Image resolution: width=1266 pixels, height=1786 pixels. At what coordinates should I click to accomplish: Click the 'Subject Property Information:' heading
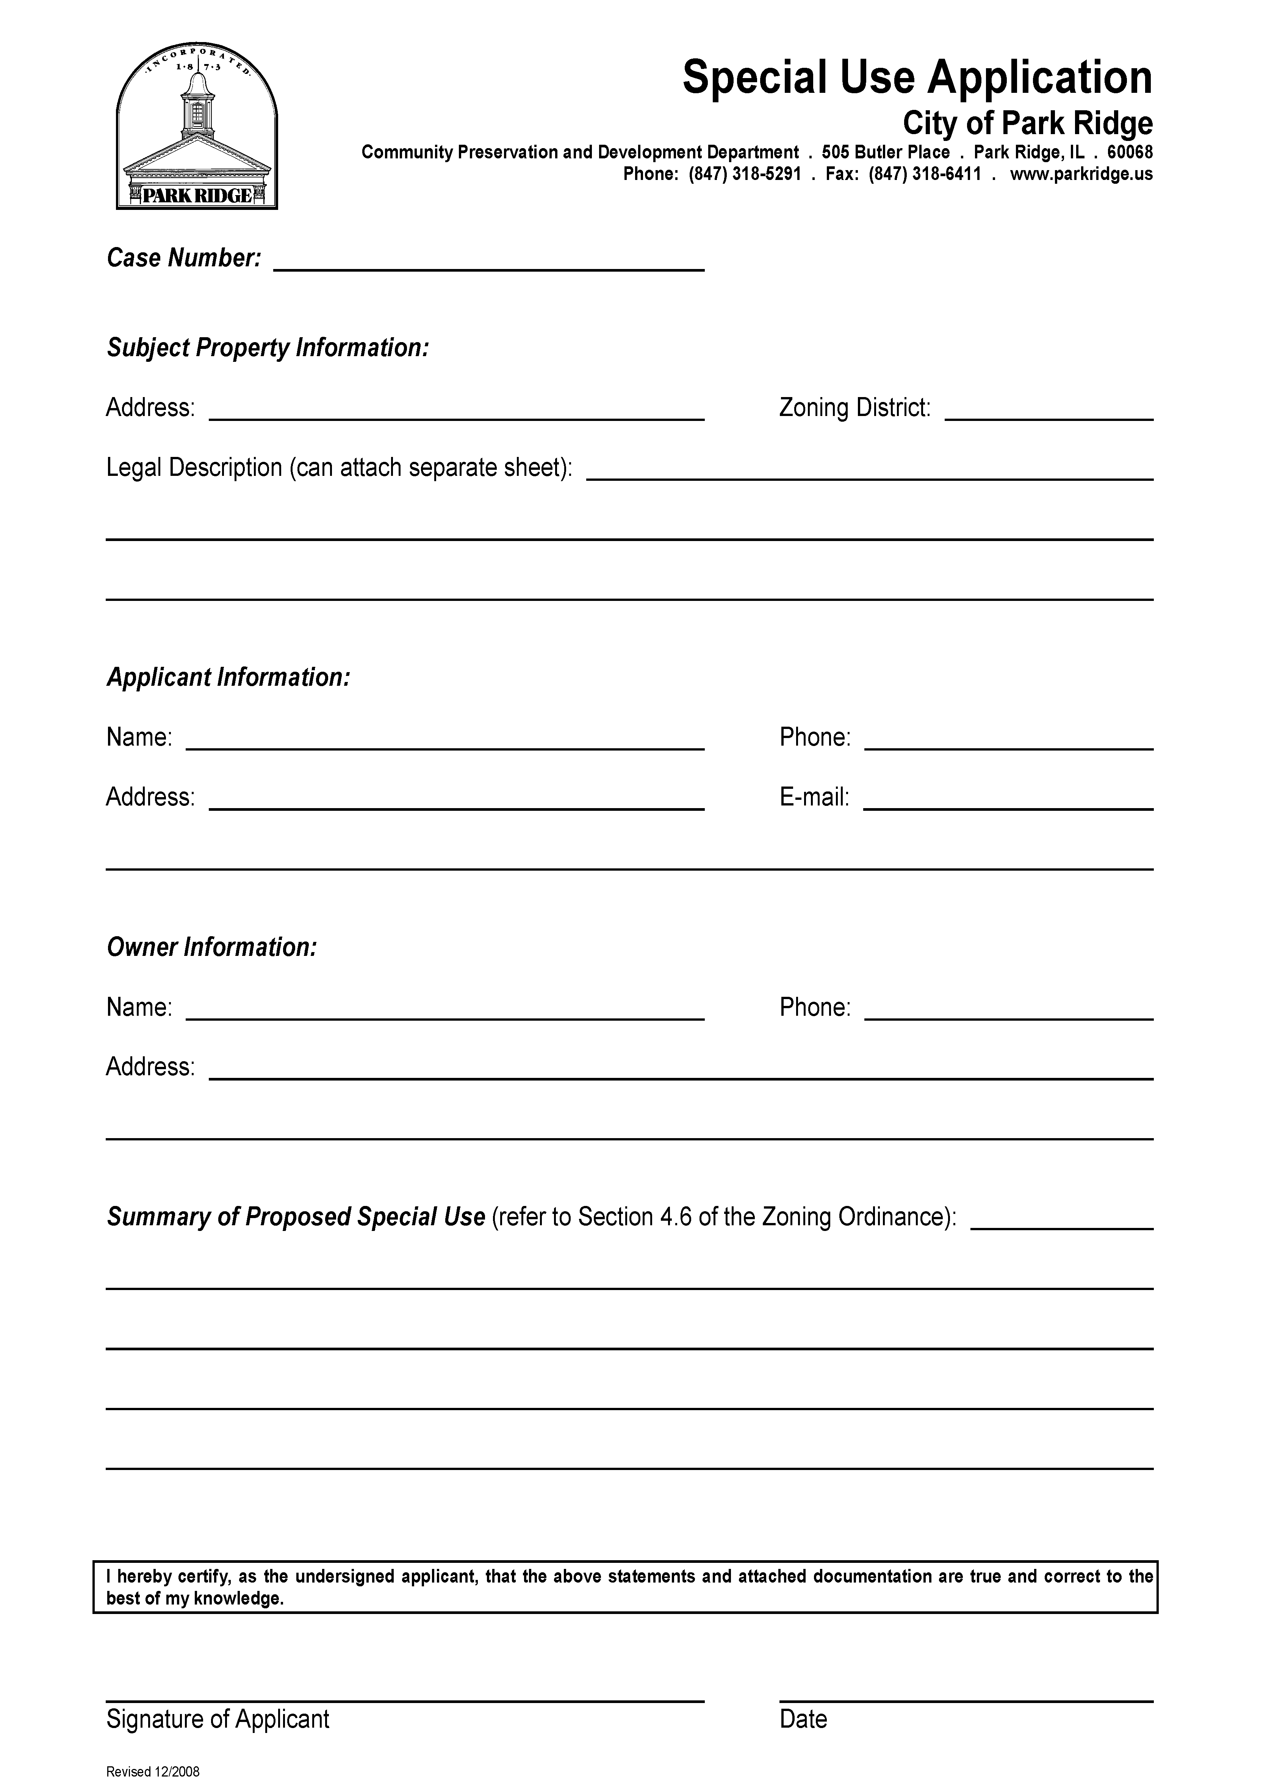coord(268,347)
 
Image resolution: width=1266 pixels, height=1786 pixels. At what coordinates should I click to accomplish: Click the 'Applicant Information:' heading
coord(228,677)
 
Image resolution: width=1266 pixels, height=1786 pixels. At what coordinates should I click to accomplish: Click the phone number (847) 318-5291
coord(745,174)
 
